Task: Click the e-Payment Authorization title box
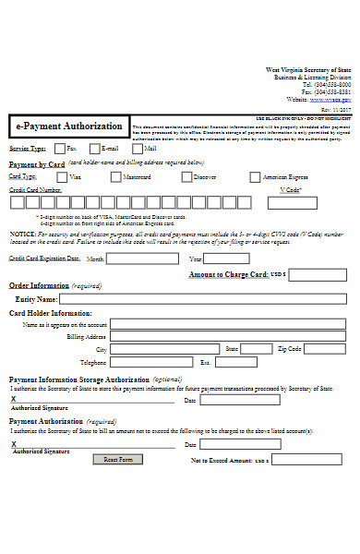coord(69,126)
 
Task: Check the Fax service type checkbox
coord(61,148)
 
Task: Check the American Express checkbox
coord(255,177)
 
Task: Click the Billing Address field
coord(229,337)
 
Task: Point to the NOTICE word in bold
coord(23,235)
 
